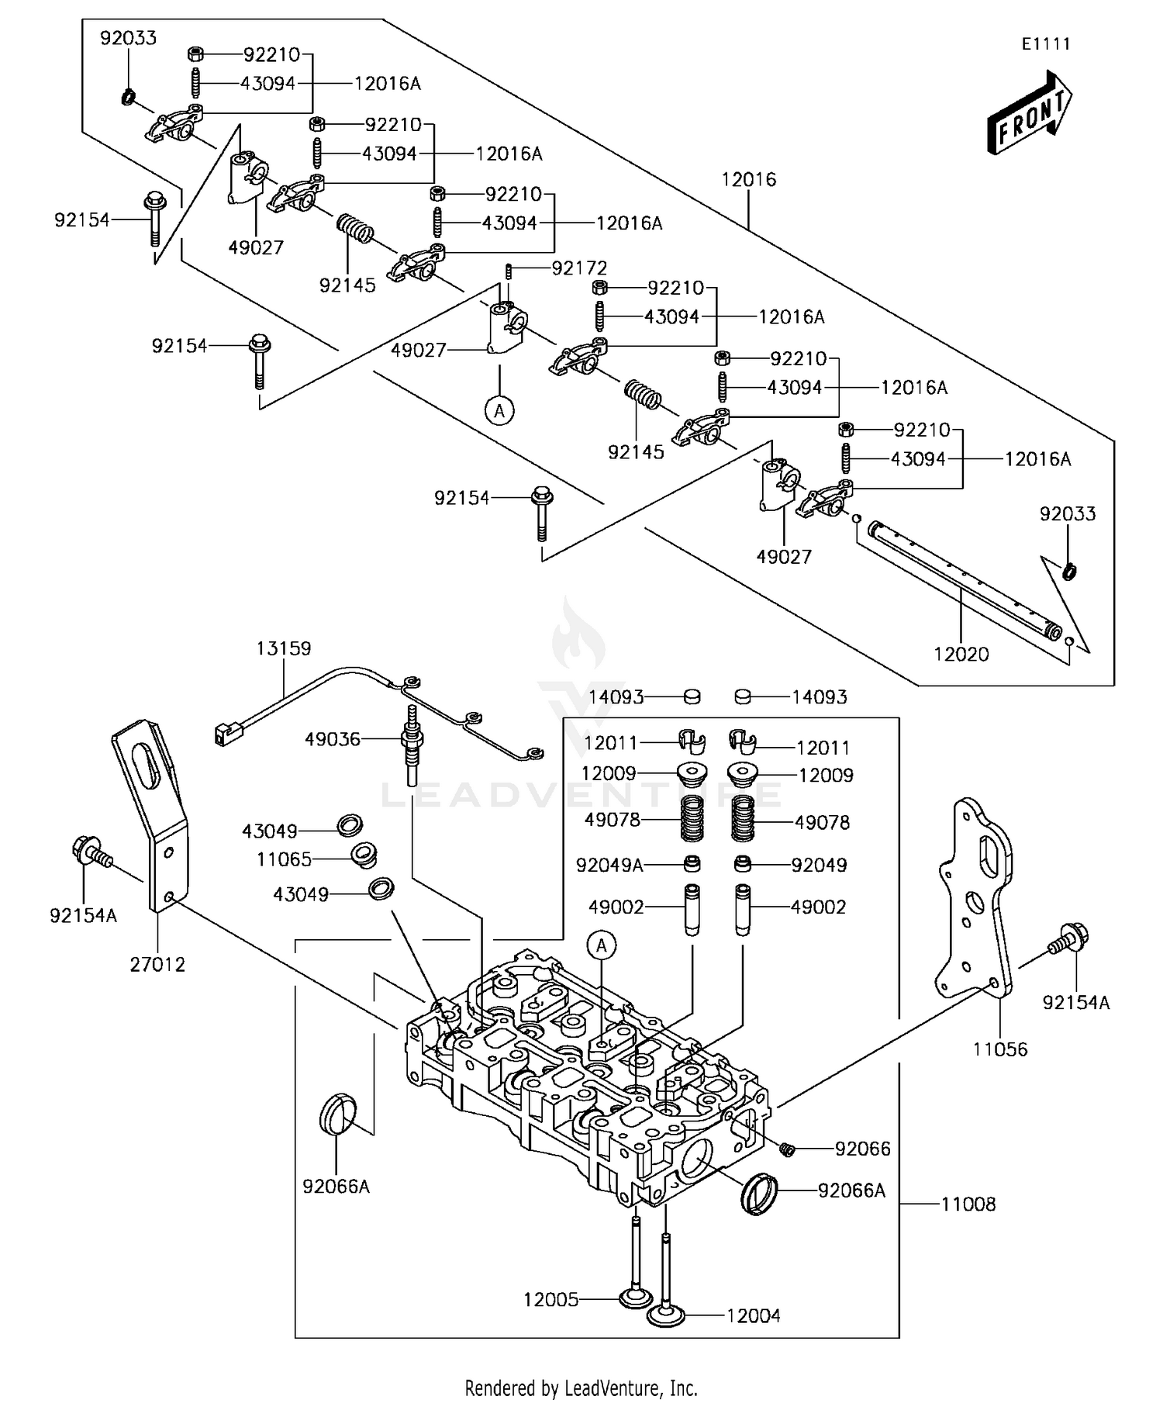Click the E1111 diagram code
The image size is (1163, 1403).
click(x=1045, y=44)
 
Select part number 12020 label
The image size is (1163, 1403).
click(x=961, y=654)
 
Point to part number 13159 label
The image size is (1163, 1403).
click(x=284, y=648)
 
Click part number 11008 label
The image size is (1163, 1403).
click(x=968, y=1204)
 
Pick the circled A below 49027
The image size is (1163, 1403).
click(x=500, y=409)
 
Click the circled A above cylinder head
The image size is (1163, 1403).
click(x=602, y=945)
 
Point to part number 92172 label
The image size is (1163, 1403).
click(x=579, y=268)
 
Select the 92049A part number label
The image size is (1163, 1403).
click(x=609, y=865)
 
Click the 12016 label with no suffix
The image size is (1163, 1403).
click(x=748, y=179)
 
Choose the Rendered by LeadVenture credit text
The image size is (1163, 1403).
click(x=581, y=1387)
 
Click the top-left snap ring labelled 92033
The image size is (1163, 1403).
click(x=129, y=97)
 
